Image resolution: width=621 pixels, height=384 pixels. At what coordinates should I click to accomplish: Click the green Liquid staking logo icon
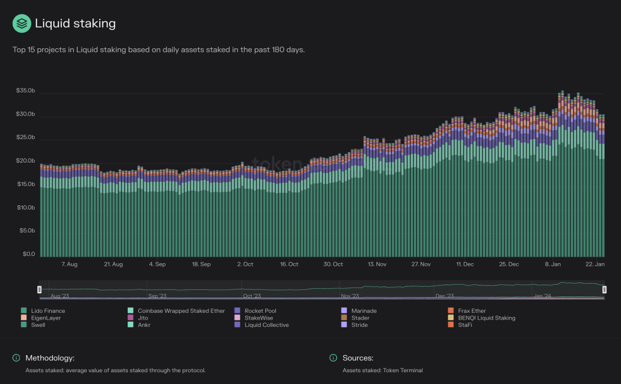click(22, 24)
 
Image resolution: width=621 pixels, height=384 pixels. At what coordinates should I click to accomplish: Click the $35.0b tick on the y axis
click(25, 91)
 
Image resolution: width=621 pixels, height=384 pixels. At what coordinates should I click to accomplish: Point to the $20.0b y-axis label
click(25, 161)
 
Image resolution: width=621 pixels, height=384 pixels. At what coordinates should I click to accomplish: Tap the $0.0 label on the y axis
click(28, 254)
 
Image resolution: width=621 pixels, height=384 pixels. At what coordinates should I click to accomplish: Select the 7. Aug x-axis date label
click(69, 264)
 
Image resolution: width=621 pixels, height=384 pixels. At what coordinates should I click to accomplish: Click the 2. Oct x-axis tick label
click(245, 264)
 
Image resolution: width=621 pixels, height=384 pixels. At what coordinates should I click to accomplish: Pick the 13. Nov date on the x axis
click(377, 264)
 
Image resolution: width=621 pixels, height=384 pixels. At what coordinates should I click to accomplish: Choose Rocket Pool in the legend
click(260, 311)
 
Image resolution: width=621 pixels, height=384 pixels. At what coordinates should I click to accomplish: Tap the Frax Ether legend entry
click(471, 311)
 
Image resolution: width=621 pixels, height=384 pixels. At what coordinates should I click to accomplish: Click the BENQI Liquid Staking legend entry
click(486, 318)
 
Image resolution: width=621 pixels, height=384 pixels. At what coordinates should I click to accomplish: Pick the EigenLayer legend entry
click(46, 318)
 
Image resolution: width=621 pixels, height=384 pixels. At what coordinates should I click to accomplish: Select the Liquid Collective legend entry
click(267, 325)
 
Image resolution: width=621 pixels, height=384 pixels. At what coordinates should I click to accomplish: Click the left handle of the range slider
click(39, 290)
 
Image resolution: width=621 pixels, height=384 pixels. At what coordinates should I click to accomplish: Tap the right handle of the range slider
click(604, 290)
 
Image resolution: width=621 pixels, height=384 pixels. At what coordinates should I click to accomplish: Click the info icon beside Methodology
click(16, 358)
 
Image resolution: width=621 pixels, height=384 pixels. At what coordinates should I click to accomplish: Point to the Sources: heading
click(358, 358)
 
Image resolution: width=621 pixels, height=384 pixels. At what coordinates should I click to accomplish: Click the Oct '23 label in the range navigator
click(252, 296)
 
